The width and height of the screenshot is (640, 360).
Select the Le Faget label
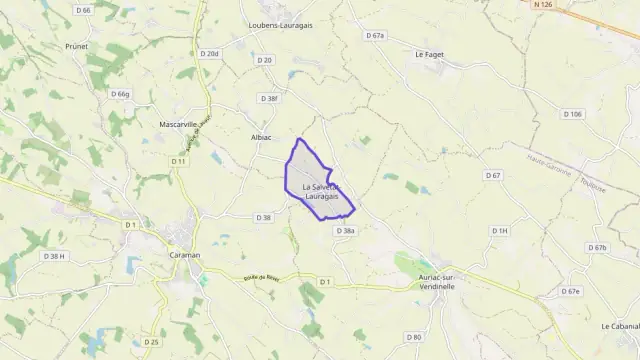tap(429, 55)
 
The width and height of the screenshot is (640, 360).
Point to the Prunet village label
tap(77, 46)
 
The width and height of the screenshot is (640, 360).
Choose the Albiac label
tap(261, 137)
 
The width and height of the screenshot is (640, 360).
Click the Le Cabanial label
tap(620, 326)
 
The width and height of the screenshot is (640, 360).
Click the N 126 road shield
tap(543, 6)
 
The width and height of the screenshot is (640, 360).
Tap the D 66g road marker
tap(121, 94)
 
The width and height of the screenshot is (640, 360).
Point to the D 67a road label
tap(375, 36)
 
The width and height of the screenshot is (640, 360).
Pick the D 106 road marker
tap(572, 114)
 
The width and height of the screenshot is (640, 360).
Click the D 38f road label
tap(269, 99)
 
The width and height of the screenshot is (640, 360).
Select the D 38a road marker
tap(346, 231)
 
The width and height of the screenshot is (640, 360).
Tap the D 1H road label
tap(500, 231)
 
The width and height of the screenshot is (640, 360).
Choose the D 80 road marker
tap(416, 337)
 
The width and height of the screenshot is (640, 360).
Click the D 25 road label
tap(151, 342)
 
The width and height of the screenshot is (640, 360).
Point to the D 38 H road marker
tap(54, 256)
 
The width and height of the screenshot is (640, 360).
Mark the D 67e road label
tap(570, 291)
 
